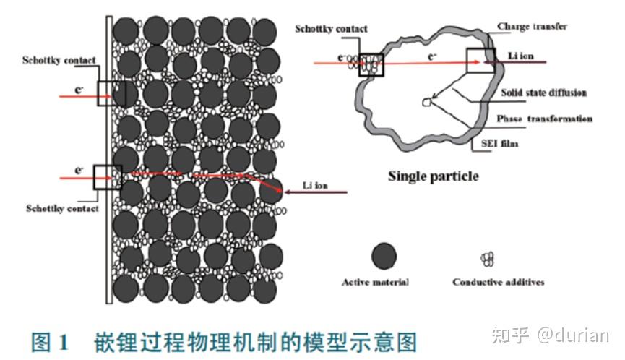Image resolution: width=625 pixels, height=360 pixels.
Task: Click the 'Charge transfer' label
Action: coord(532,27)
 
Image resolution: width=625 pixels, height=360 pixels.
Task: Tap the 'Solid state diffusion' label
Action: coord(543,93)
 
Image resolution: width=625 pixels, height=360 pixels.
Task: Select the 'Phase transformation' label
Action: coord(544,119)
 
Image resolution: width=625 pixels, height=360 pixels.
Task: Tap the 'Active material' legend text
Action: coord(374,281)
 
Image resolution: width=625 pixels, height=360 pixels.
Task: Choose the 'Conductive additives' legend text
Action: coord(498,281)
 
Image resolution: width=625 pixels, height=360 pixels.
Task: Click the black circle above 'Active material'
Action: coord(383,256)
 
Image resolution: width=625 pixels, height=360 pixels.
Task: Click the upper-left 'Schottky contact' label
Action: coord(59,60)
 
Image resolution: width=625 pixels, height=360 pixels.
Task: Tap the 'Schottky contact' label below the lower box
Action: coord(61,208)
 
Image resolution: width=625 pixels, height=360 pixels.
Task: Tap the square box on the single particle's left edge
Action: coord(371,64)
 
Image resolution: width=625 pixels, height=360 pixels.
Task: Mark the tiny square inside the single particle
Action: coord(426,103)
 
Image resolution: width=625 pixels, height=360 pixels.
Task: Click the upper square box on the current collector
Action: coord(111,93)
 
